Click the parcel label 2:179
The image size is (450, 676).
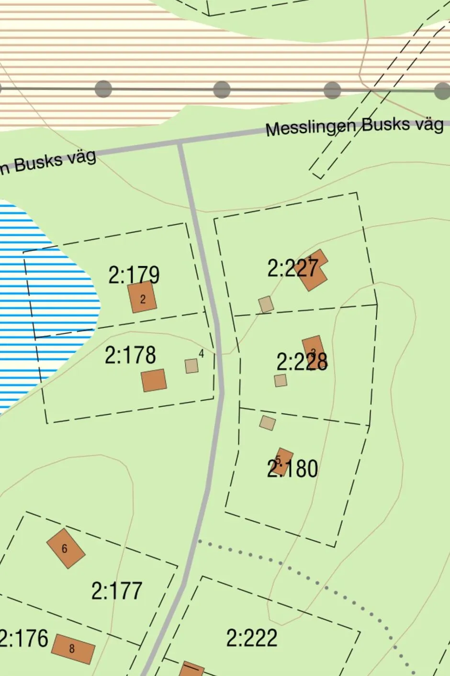134,275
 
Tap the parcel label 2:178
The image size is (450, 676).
130,355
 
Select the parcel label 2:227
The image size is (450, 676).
292,268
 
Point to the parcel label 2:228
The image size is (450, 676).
302,362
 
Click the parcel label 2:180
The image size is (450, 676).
292,468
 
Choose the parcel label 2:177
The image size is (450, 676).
117,591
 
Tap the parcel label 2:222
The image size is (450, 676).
252,638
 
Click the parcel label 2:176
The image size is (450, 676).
24,639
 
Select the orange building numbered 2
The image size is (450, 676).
143,297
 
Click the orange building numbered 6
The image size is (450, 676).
66,548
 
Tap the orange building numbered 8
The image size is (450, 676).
73,649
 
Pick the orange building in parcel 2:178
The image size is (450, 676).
154,380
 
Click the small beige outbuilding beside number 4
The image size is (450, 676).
191,366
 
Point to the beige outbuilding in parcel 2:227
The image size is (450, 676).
266,304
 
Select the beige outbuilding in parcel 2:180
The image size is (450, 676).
268,423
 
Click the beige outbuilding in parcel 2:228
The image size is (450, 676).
281,381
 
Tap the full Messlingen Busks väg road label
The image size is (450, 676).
354,126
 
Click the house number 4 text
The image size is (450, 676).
201,354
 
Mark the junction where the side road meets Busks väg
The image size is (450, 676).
180,142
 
